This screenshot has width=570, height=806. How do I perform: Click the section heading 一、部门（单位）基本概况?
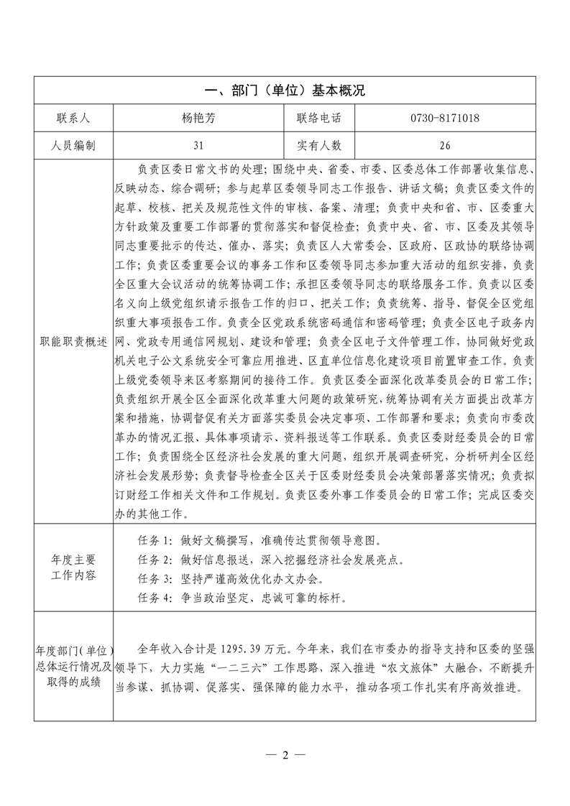click(x=285, y=91)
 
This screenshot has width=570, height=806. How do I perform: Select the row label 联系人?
click(x=73, y=118)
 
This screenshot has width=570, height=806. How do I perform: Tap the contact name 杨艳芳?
click(x=198, y=118)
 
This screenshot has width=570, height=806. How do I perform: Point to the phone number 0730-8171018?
click(x=445, y=118)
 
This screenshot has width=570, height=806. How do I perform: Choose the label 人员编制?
click(x=73, y=146)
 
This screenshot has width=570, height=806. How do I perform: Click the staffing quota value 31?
click(x=198, y=146)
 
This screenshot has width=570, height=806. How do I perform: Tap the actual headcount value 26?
click(x=445, y=146)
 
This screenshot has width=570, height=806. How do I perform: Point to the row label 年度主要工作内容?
click(x=73, y=568)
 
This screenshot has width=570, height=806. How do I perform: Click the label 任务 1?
click(x=155, y=540)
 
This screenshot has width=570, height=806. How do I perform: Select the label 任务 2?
click(x=155, y=559)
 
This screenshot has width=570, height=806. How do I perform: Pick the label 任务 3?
click(x=155, y=578)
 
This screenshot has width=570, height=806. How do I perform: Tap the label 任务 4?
click(x=155, y=597)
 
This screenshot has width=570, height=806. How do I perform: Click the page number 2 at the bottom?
click(x=285, y=755)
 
